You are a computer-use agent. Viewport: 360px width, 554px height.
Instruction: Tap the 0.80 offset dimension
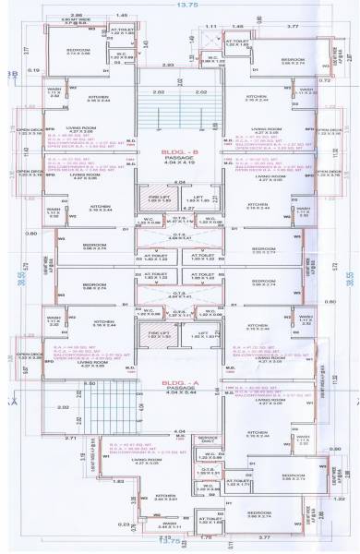click(32, 234)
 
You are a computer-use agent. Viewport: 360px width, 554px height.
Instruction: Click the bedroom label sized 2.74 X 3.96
click(77, 53)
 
